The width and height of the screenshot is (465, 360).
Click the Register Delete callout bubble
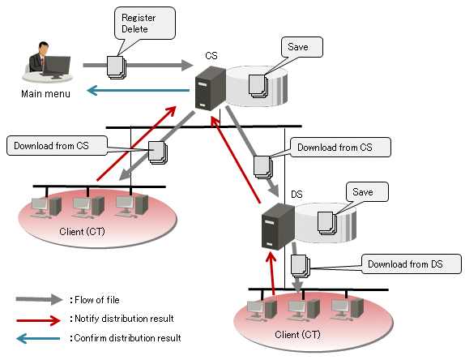pos(145,24)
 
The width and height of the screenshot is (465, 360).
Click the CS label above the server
pos(211,55)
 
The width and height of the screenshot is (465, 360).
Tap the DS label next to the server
pos(296,195)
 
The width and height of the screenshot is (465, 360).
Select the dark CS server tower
pos(211,88)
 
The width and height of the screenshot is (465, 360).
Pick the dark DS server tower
pos(278,226)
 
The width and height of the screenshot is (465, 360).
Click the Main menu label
pos(45,94)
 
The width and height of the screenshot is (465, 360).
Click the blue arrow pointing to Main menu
pos(139,90)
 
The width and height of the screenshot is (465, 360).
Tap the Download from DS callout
pos(412,264)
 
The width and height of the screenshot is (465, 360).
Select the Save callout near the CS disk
pos(301,47)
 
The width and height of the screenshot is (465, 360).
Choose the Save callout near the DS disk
pos(367,192)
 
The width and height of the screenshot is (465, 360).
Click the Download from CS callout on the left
pos(57,145)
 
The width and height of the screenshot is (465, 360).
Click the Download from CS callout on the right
pos(340,148)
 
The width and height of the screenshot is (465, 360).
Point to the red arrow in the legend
pos(39,320)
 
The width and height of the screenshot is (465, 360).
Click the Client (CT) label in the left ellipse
pos(82,232)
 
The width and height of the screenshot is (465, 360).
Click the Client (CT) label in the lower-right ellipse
pos(297,335)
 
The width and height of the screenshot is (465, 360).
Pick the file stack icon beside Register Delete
pos(117,67)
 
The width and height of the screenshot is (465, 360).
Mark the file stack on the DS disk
pos(327,223)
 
